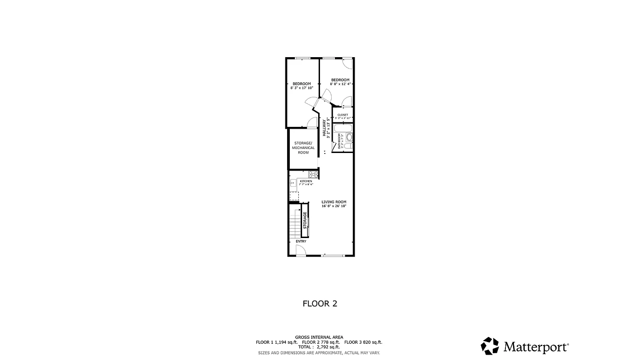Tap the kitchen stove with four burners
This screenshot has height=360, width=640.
[312, 175]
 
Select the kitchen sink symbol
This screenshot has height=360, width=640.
[292, 183]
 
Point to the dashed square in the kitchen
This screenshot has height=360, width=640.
[294, 196]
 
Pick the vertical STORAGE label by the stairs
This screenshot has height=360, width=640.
[305, 221]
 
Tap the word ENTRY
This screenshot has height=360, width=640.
[301, 242]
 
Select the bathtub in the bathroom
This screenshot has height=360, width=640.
[343, 128]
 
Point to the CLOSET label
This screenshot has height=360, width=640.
[343, 115]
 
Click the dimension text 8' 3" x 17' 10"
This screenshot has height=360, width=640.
[302, 88]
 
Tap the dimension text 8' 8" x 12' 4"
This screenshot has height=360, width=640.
[340, 84]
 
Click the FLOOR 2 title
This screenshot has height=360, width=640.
[320, 303]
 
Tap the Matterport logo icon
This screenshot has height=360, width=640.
[490, 346]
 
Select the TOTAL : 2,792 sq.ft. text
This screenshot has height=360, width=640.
[319, 347]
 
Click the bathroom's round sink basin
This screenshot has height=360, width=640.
[349, 137]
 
